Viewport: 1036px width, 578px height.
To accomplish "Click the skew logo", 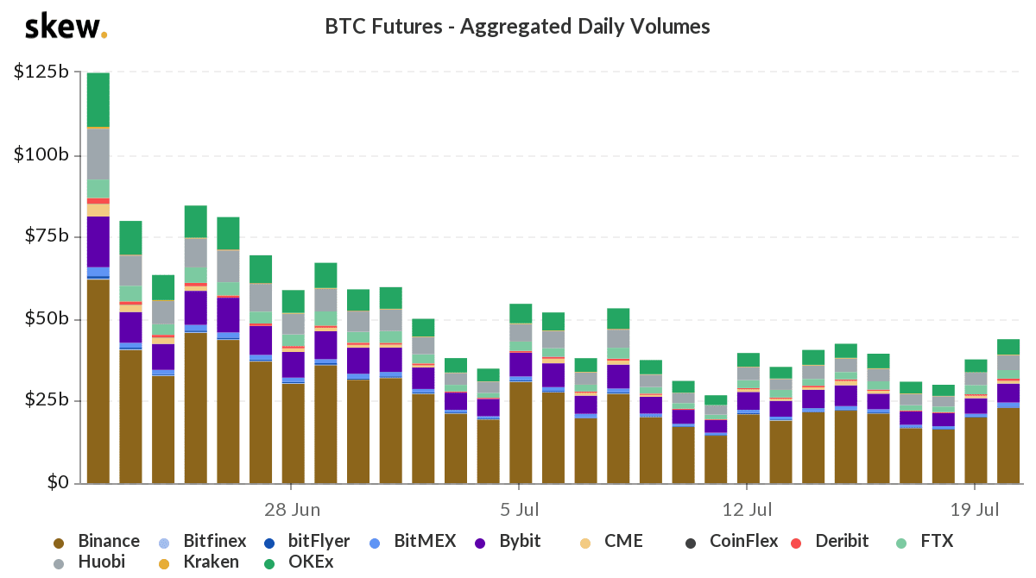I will tap(66, 27).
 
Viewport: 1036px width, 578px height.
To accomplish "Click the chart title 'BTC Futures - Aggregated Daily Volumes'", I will tap(517, 27).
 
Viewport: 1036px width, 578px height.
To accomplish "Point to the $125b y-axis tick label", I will tap(41, 72).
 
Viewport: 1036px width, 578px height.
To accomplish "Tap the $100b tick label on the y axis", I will tap(41, 155).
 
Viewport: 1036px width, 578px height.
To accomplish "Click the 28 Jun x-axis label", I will tap(292, 509).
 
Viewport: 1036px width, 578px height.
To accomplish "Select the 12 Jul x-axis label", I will tap(748, 509).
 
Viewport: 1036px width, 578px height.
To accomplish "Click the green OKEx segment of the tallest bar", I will tap(98, 99).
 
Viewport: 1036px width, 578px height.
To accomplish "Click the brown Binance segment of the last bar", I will tap(1008, 445).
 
